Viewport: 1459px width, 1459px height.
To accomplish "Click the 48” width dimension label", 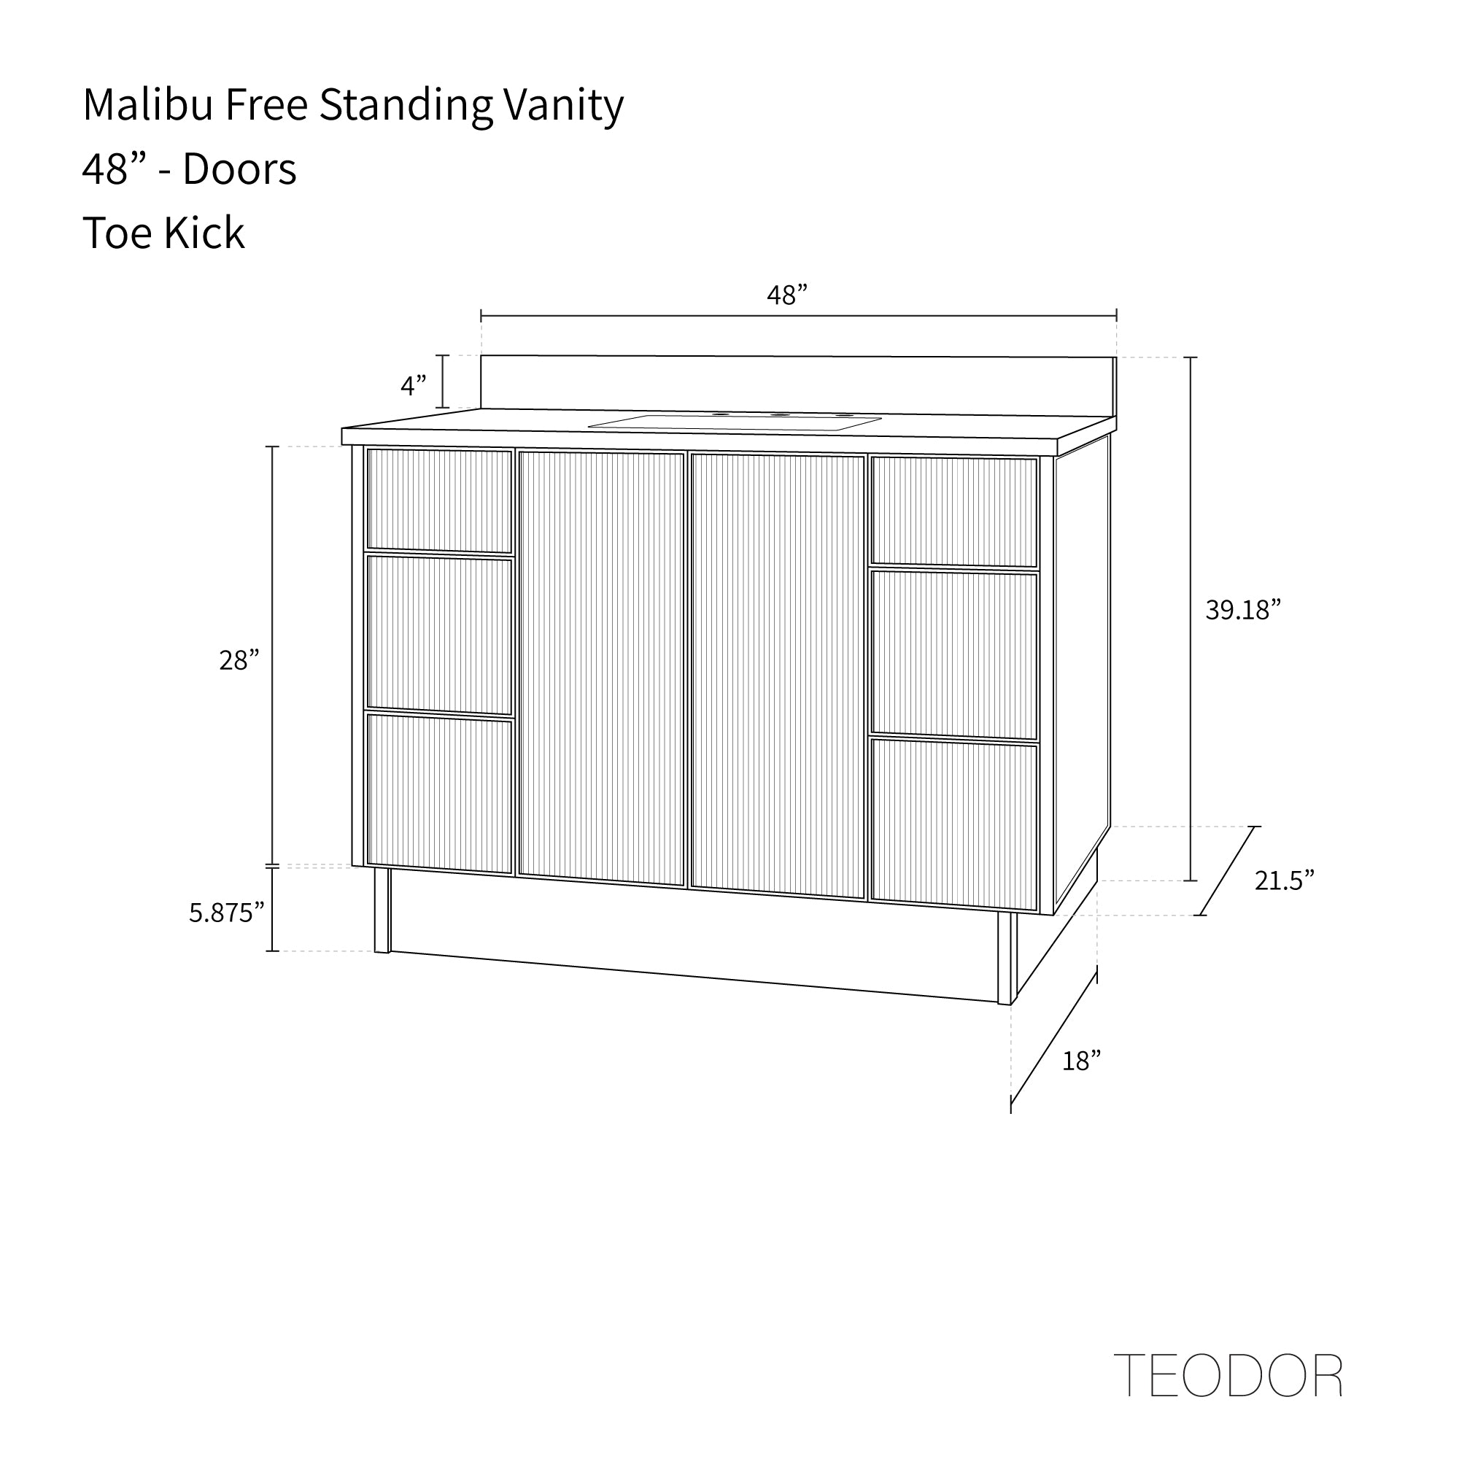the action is (787, 295).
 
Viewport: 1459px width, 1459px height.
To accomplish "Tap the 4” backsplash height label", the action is (414, 385).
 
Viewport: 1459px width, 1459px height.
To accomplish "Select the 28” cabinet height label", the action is (239, 660).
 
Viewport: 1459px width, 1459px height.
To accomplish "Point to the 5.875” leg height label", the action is (227, 913).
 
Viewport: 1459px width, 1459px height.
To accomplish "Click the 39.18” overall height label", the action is (1243, 609).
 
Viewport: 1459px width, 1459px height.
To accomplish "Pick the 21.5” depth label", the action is (1285, 880).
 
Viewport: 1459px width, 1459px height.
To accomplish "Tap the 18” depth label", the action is (1081, 1061).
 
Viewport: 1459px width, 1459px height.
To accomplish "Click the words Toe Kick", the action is (164, 233).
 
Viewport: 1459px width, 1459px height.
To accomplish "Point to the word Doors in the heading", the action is (239, 169).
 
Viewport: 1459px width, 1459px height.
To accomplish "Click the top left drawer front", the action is (439, 500).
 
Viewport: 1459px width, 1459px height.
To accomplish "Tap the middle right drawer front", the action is (954, 656).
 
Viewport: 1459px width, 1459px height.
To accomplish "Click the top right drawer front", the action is (954, 511).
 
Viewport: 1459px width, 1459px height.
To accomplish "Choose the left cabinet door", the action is (602, 668).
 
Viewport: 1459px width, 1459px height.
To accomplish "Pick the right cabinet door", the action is (778, 676).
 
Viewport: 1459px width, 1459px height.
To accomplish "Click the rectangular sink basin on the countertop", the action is (735, 422).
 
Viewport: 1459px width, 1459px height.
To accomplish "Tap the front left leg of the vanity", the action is (382, 910).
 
